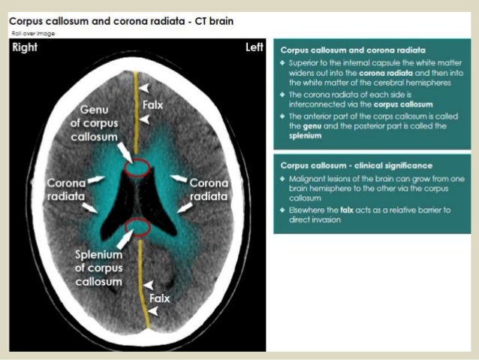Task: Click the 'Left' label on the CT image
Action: pyautogui.click(x=255, y=48)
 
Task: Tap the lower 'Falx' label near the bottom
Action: pyautogui.click(x=159, y=298)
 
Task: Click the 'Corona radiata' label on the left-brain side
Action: pyautogui.click(x=209, y=189)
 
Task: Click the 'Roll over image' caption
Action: pyautogui.click(x=33, y=33)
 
